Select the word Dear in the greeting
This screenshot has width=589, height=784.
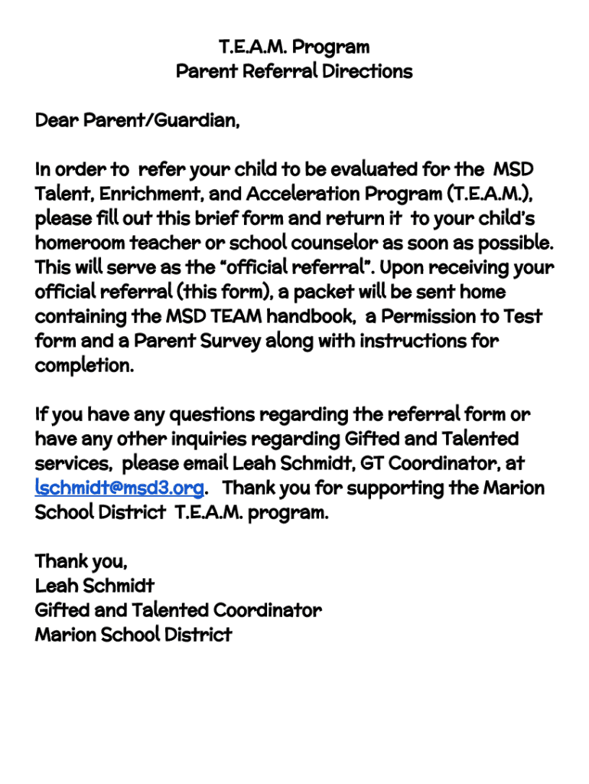tap(56, 120)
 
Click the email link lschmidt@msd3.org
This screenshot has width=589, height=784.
tap(119, 488)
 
